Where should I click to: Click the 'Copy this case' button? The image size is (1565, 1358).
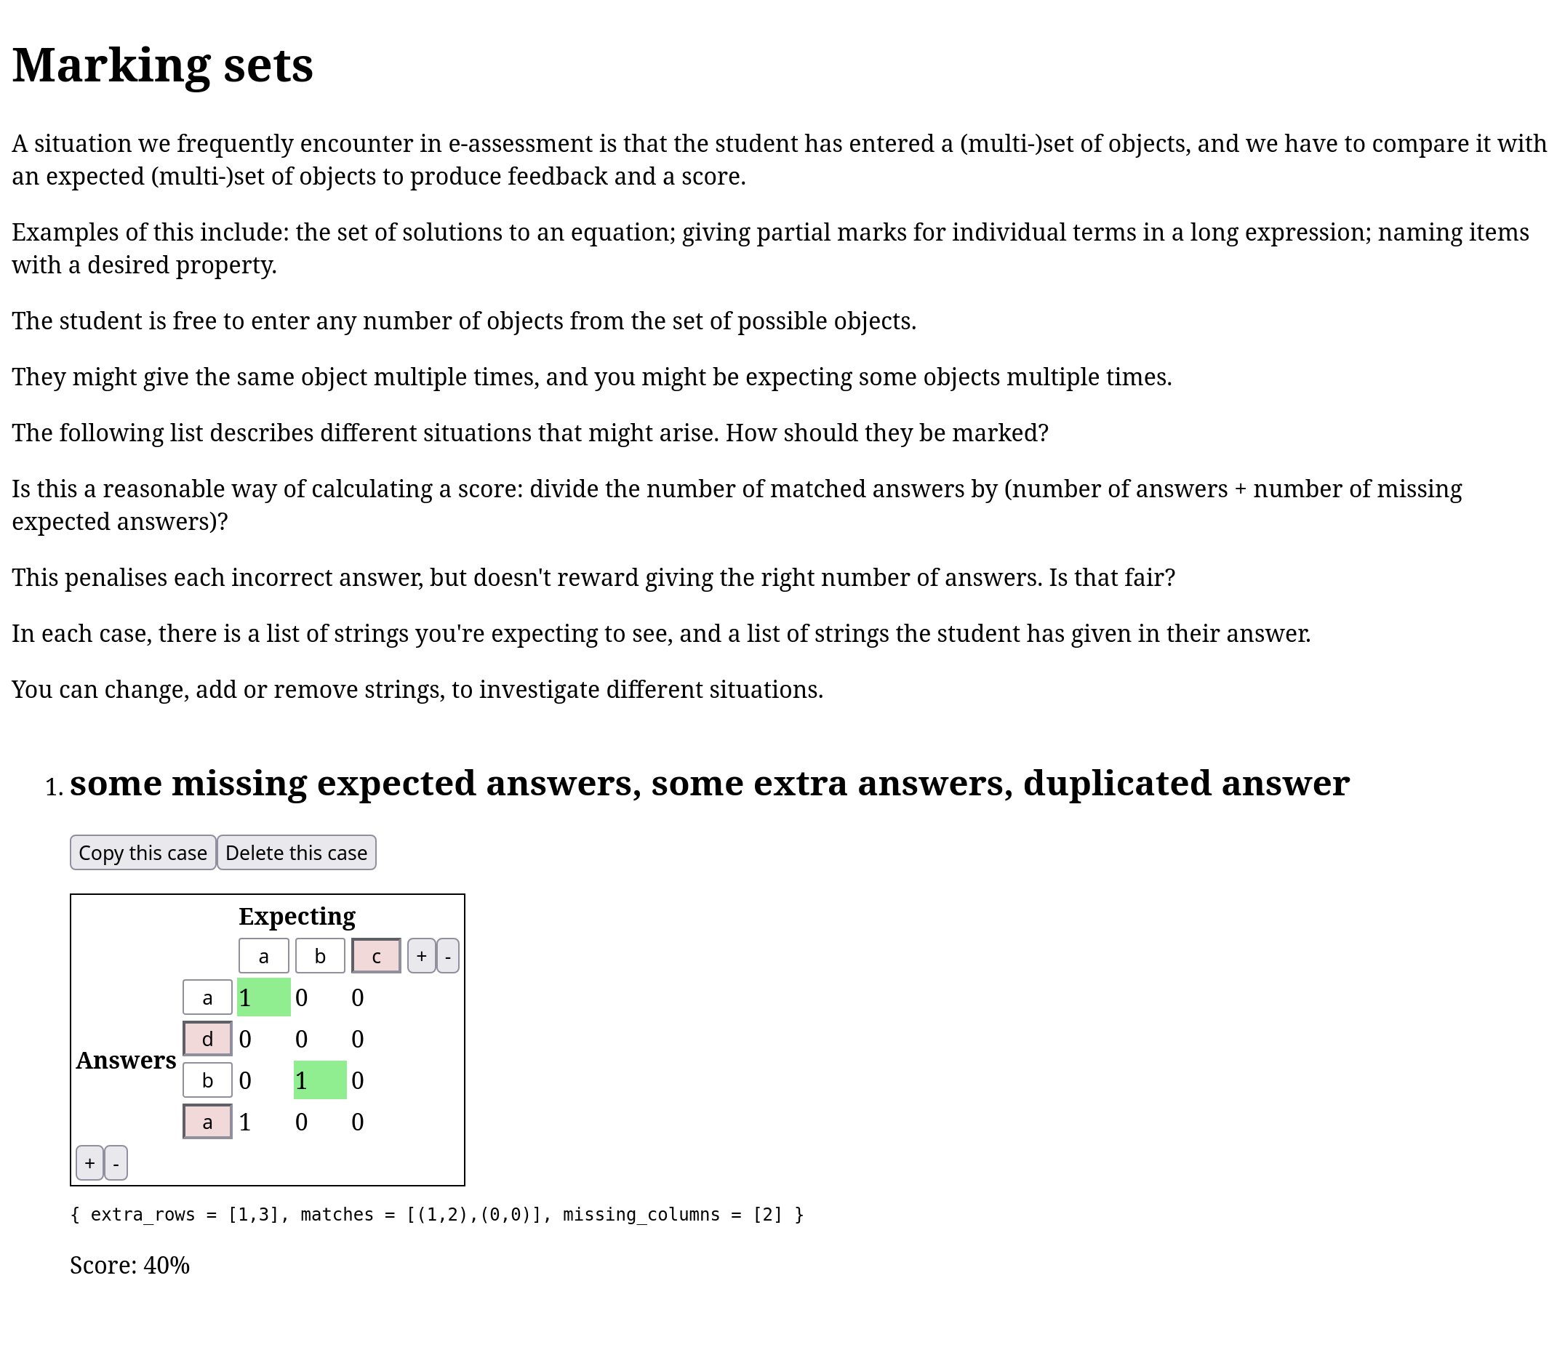coord(143,853)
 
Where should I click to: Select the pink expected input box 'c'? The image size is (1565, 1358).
coord(376,955)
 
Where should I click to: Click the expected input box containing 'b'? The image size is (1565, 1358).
coord(320,955)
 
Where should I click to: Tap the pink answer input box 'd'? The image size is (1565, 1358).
coord(207,1038)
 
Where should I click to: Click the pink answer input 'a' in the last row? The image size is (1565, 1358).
coord(207,1122)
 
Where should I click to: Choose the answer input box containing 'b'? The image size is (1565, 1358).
coord(207,1080)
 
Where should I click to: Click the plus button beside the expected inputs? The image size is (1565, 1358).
coord(421,955)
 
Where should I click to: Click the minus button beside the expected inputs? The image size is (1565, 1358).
coord(448,955)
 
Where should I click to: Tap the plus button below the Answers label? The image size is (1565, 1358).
coord(89,1162)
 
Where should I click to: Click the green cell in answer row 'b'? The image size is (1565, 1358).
coord(320,1080)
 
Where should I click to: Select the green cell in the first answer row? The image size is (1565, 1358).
coord(264,997)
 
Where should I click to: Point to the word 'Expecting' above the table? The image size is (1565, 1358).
coord(296,916)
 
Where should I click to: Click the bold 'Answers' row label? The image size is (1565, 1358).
coord(126,1060)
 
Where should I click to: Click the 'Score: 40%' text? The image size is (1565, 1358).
coord(129,1266)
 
